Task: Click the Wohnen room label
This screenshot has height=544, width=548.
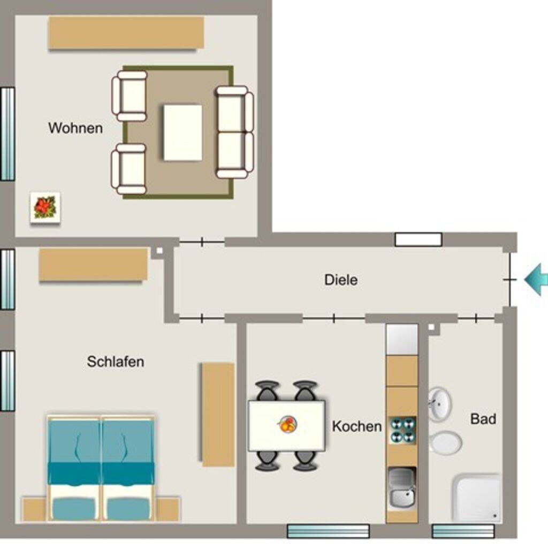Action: pos(75,128)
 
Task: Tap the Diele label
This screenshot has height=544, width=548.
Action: pos(341,280)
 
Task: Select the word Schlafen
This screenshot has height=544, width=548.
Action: pos(116,361)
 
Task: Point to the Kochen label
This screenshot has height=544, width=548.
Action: pos(357,426)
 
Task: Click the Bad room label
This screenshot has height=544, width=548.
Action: pos(483,419)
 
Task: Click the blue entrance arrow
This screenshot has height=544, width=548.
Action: pos(536,279)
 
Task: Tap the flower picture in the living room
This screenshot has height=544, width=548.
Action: pos(45,207)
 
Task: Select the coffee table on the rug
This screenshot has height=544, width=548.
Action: pos(183,133)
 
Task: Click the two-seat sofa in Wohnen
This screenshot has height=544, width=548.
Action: pos(234,132)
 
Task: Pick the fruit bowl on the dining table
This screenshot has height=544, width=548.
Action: pos(287,424)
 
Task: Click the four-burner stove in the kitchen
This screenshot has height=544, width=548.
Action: pos(402,431)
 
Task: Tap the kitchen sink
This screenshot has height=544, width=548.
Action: pos(402,487)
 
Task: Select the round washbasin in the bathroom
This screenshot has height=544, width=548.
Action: pos(440,404)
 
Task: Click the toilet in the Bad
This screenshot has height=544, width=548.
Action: pos(445,442)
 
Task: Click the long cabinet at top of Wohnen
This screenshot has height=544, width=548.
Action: pos(126,33)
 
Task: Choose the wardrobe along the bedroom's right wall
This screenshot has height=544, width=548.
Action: pos(218,415)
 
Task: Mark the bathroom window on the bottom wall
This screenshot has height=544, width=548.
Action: pos(463,531)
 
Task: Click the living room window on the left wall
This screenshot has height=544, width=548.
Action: pos(7,134)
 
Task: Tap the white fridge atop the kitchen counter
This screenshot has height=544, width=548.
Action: pos(402,339)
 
